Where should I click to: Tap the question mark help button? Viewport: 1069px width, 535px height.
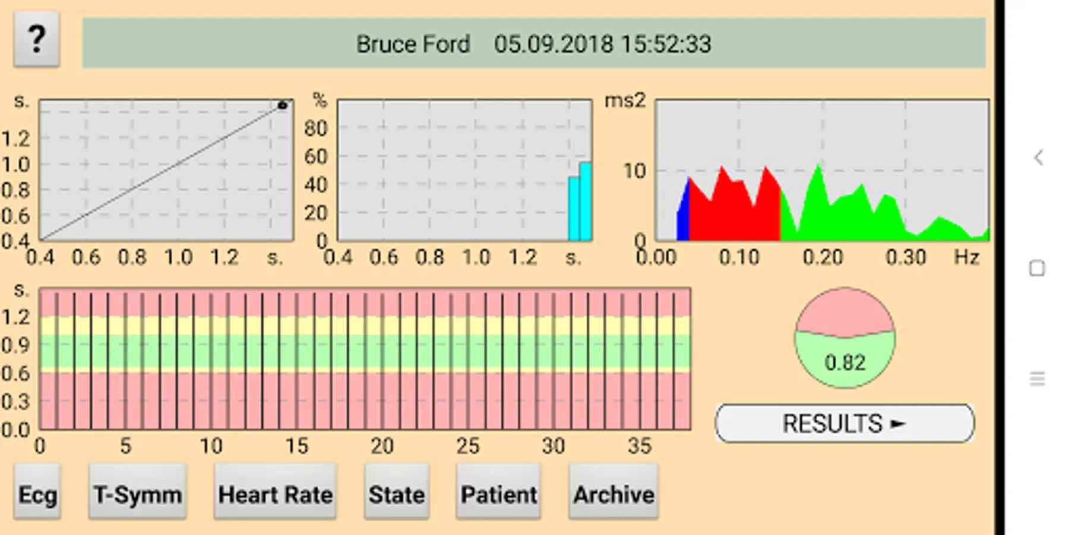click(x=37, y=39)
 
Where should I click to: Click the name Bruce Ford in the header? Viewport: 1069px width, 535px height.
click(x=413, y=45)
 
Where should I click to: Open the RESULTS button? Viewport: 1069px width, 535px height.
click(x=844, y=424)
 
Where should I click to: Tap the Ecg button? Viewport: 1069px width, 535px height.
click(x=37, y=494)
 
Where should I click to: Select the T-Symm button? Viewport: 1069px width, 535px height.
click(x=138, y=494)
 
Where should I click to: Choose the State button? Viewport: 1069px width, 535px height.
click(x=396, y=494)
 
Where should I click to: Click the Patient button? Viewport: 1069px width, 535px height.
click(x=498, y=494)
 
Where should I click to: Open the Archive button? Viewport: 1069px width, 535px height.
click(x=613, y=494)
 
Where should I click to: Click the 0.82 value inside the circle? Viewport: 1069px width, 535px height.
click(x=845, y=363)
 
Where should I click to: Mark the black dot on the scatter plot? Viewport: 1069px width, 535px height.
click(x=283, y=106)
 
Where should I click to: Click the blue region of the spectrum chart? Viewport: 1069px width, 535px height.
click(x=684, y=214)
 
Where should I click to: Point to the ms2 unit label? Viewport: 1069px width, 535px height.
click(x=624, y=101)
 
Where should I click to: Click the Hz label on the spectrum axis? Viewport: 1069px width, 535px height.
click(x=966, y=257)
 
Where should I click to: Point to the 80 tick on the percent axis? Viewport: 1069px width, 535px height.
click(x=315, y=128)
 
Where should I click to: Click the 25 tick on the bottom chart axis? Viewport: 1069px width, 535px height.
click(x=467, y=446)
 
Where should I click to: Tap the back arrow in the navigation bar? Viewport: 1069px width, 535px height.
click(x=1038, y=158)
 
